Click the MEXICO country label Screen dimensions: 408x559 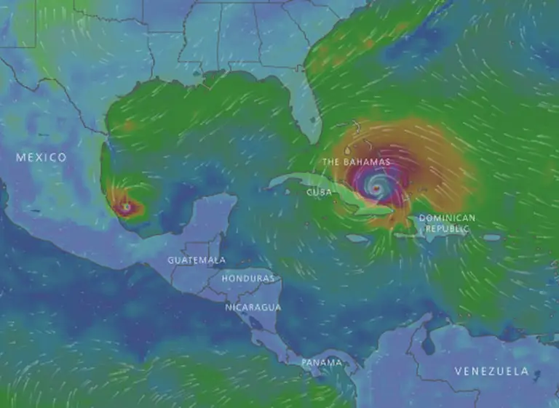pos(41,157)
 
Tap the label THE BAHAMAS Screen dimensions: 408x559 pos(357,161)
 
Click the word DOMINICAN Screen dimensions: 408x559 pos(447,218)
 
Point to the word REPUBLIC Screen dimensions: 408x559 pos(447,228)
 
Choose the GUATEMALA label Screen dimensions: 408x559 pos(197,260)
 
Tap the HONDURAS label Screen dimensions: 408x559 pos(248,279)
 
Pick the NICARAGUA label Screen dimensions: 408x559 pos(253,307)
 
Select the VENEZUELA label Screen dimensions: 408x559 pos(491,371)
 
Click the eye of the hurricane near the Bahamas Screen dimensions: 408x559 pos(376,188)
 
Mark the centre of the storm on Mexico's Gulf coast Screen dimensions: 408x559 pos(127,207)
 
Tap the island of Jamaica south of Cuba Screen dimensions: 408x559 pos(356,238)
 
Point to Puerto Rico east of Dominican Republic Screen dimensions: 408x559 pos(492,237)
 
